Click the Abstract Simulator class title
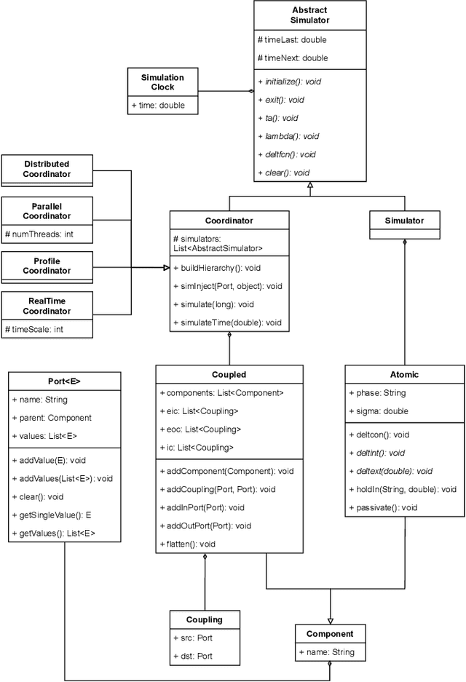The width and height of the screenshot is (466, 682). [x=309, y=15]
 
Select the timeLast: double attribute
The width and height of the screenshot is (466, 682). [x=293, y=40]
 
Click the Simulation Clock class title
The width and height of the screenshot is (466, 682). [x=162, y=82]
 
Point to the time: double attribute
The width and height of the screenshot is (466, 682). [x=158, y=106]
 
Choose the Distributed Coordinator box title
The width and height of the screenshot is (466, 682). [x=47, y=169]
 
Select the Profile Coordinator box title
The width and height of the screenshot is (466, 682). [x=47, y=266]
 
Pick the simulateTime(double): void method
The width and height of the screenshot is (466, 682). [x=227, y=322]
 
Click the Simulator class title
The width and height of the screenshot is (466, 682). [x=404, y=220]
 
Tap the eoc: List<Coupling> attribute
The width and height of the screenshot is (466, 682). [x=200, y=429]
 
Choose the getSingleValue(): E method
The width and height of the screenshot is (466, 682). [x=51, y=515]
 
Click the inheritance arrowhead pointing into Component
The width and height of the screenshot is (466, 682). [x=331, y=619]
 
